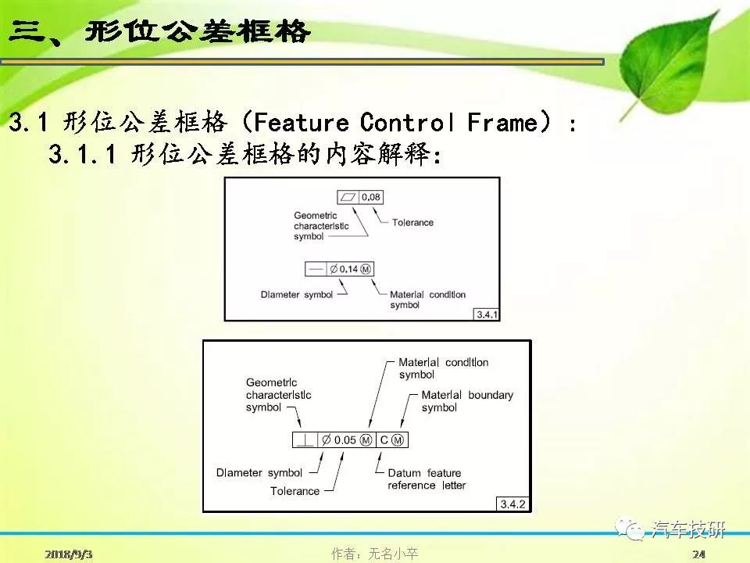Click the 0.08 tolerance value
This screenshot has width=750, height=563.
tap(370, 197)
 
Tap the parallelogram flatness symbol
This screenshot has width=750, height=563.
tap(348, 197)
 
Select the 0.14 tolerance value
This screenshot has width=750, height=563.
tap(348, 269)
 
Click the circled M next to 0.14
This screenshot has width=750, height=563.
tap(366, 269)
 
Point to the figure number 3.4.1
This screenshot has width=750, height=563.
tap(487, 314)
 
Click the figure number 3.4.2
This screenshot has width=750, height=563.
tap(512, 504)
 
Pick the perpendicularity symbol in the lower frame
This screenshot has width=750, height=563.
tap(305, 440)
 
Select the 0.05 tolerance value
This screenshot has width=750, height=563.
tap(345, 440)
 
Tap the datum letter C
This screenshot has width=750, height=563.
tap(384, 440)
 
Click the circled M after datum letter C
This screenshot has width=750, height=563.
tap(398, 440)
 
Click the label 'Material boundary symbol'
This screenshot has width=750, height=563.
tap(467, 401)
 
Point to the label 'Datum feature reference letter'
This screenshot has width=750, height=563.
tap(427, 479)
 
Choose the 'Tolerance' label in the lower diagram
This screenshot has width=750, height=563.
tap(295, 491)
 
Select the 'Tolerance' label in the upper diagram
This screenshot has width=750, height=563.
tap(412, 222)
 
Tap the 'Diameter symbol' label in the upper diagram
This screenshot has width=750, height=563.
tap(297, 295)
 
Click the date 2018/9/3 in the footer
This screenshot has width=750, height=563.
tap(69, 554)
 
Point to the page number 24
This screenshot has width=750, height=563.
tap(698, 554)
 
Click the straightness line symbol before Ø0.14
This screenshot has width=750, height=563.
tap(316, 269)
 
